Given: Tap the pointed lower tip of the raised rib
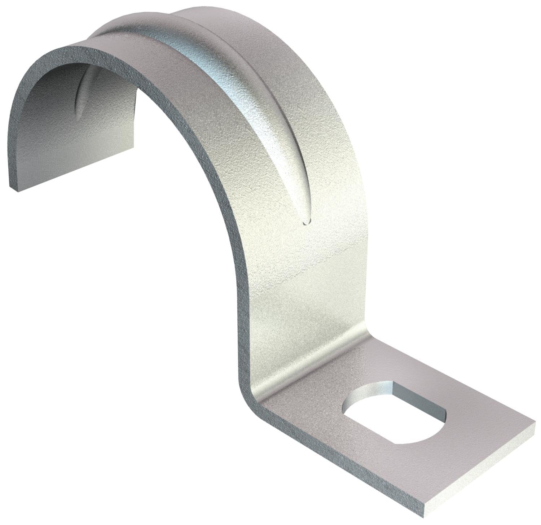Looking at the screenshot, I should pos(306,223).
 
